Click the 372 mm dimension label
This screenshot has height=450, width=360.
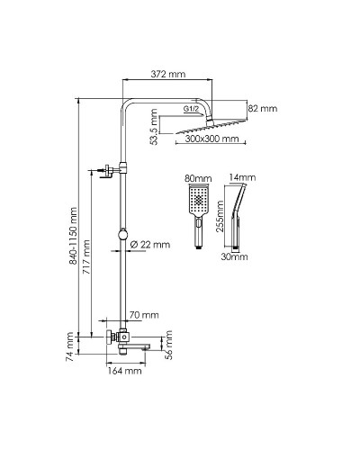[167, 74]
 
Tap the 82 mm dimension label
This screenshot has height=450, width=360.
[263, 108]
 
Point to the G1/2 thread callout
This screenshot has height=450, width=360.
[191, 109]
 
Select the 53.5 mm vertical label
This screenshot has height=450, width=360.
[154, 127]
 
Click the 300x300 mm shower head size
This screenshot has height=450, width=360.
[211, 139]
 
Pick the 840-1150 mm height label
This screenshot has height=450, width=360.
[73, 236]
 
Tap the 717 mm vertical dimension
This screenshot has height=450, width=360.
[87, 256]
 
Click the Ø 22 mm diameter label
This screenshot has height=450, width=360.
[150, 245]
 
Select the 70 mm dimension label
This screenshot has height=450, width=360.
[144, 315]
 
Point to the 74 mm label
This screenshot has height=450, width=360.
[69, 346]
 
